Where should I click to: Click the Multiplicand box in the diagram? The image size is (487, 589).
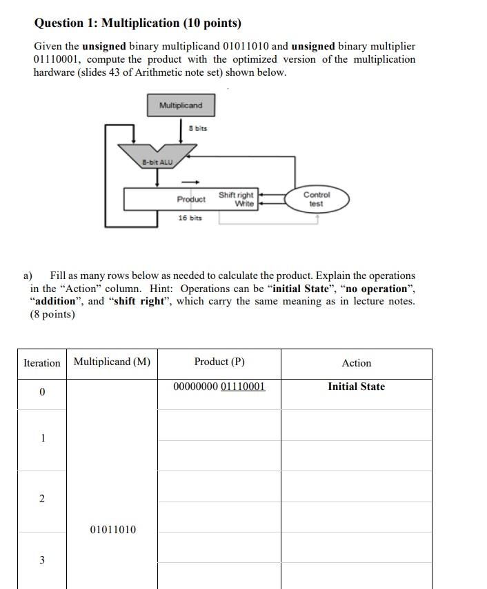(181, 105)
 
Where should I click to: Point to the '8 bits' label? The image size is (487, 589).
(197, 128)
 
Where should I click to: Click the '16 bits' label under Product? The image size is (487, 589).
(190, 218)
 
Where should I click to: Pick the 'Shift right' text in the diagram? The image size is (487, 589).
(236, 195)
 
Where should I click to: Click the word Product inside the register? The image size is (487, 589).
(191, 199)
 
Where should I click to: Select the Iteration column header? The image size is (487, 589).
(42, 363)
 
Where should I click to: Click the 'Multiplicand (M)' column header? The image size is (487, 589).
(112, 362)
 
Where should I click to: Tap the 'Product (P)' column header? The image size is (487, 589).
(219, 362)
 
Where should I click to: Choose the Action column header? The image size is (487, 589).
(356, 363)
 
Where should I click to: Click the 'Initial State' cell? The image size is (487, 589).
(356, 386)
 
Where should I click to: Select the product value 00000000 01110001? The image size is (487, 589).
(219, 386)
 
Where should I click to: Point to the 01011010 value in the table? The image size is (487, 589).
(113, 530)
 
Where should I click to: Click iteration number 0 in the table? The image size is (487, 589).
(42, 392)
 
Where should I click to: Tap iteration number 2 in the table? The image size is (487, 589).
(42, 499)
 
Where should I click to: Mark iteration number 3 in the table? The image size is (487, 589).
(42, 560)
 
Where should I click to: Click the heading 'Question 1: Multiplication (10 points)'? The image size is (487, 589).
(138, 23)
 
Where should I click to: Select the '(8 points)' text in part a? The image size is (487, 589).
(52, 315)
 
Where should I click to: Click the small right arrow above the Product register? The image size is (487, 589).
(195, 182)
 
